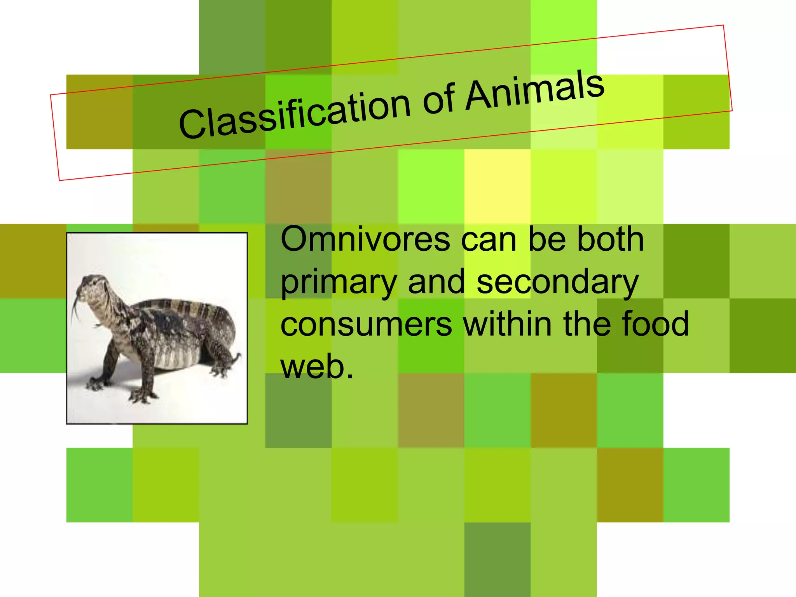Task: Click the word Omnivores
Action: click(365, 239)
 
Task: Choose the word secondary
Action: click(557, 283)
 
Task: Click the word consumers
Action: click(366, 325)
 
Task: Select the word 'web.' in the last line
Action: click(317, 367)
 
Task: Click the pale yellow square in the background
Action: click(497, 187)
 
